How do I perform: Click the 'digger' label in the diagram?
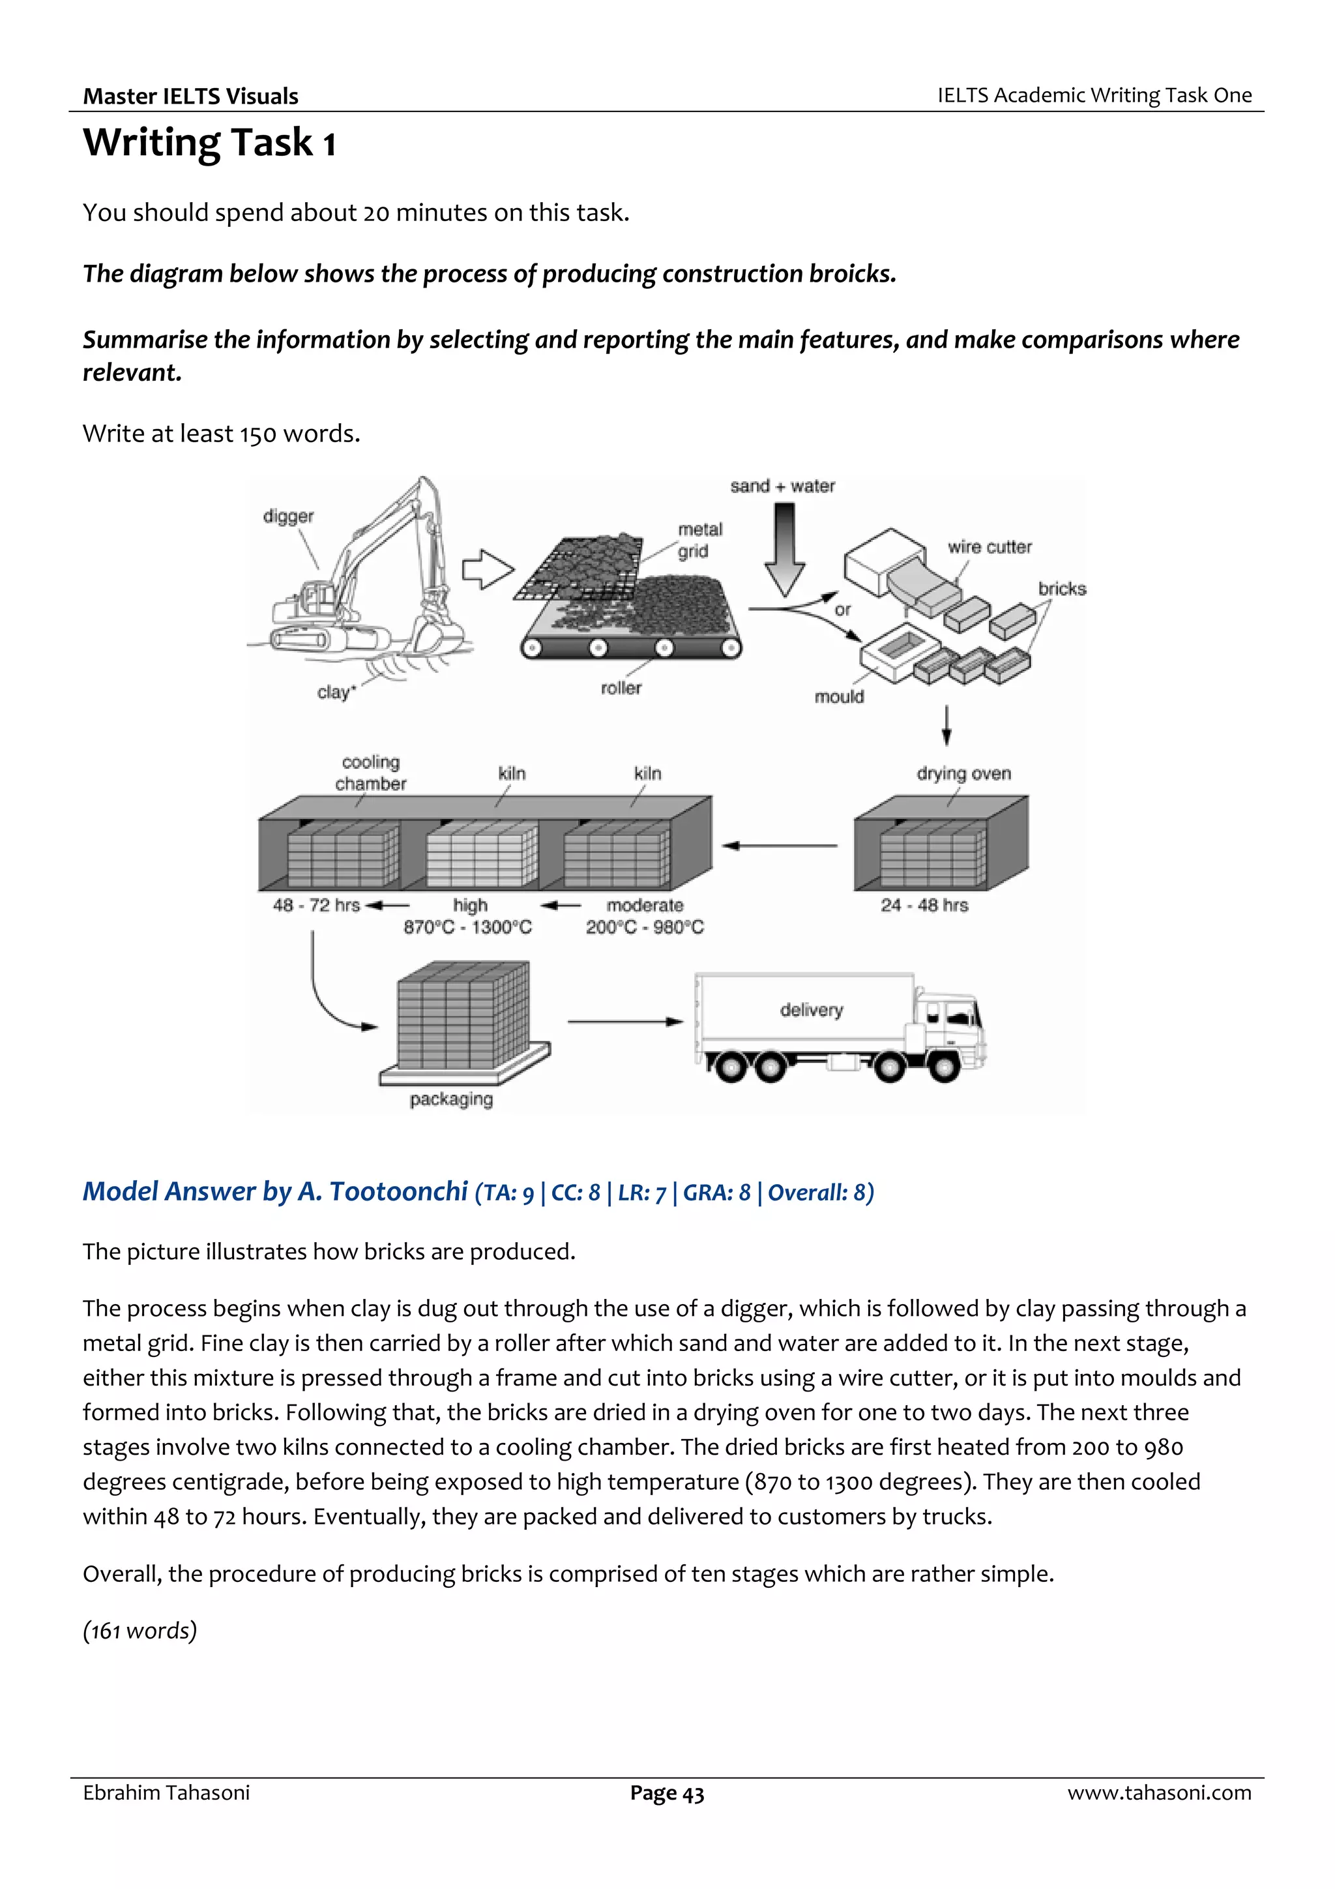coord(288,516)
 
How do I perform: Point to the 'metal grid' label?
coord(699,540)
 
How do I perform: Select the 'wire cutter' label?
coord(989,547)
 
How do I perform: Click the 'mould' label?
coord(838,697)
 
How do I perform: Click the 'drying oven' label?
coord(963,773)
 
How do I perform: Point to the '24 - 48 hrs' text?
coord(924,905)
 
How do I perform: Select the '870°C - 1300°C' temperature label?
coord(467,927)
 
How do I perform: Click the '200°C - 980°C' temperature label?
coord(644,927)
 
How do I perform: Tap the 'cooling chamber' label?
coord(370,773)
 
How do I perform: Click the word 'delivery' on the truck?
coord(811,1009)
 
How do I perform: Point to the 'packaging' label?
coord(450,1099)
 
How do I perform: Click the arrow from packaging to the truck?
coord(625,1022)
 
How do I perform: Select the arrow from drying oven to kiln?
coord(780,846)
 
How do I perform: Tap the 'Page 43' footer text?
coord(666,1792)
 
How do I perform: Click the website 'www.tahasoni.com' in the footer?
coord(1159,1792)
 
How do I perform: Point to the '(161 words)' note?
coord(140,1630)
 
